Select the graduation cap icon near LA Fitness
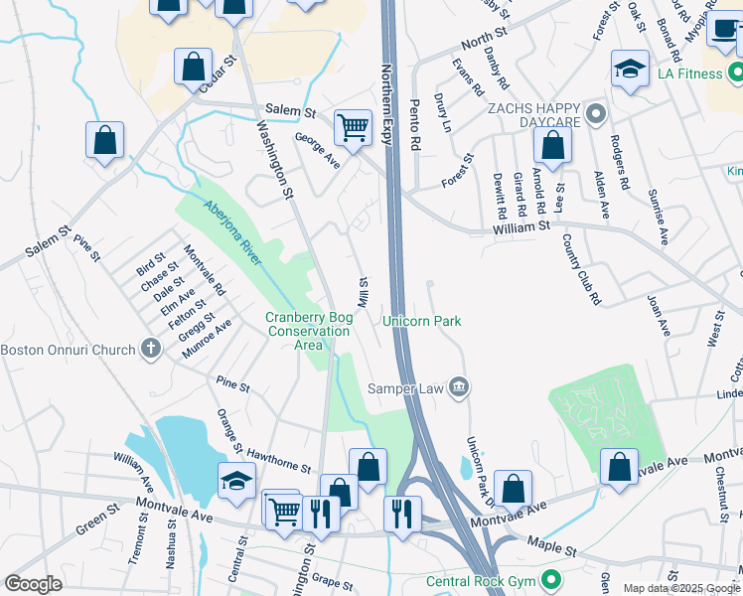630,69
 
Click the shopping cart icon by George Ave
353,127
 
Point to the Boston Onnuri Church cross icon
150,349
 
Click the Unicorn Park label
422,321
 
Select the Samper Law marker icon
458,386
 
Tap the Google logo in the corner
33,584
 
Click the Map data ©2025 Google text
682,589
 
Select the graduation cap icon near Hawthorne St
236,480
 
